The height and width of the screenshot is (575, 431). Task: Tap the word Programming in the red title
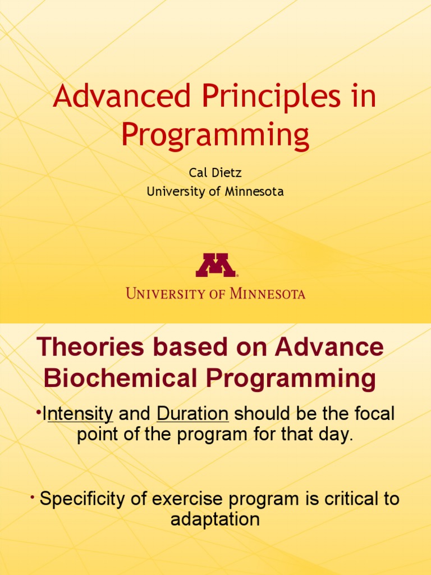pos(215,135)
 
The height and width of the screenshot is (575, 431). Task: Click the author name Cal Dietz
pos(215,173)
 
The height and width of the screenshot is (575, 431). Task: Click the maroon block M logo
pos(215,265)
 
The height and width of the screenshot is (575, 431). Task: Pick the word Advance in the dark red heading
pos(329,348)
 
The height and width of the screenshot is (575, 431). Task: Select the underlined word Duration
pos(192,414)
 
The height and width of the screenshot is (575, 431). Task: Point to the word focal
pos(371,414)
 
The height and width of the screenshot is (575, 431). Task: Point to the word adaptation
pos(215,519)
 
